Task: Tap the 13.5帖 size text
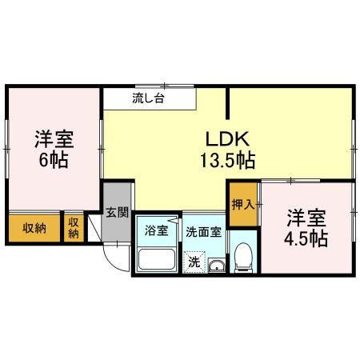(x=228, y=160)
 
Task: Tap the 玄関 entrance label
(x=118, y=212)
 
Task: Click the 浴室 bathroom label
(x=156, y=232)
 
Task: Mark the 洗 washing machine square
(x=194, y=260)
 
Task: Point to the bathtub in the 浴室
(x=157, y=259)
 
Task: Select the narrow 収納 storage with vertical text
(x=74, y=227)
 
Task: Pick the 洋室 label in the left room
(x=54, y=138)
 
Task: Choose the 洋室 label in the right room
(x=307, y=217)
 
